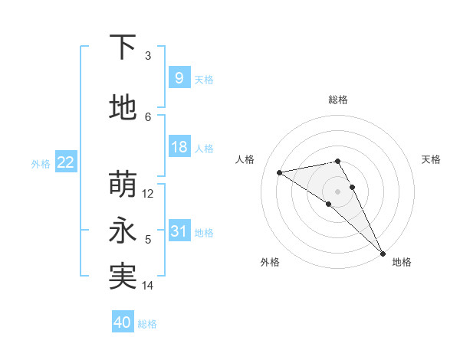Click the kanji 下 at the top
(123, 48)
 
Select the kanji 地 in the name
(123, 108)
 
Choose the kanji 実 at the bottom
(123, 277)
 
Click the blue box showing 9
(179, 78)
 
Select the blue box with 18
(179, 147)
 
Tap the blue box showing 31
(179, 231)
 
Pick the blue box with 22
(66, 162)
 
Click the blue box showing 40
(123, 322)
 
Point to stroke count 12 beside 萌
(149, 194)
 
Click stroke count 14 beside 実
(149, 286)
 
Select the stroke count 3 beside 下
(148, 56)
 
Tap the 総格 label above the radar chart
(337, 100)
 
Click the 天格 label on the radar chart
(432, 159)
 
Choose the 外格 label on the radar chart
(270, 262)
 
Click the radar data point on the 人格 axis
(280, 172)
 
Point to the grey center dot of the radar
(337, 191)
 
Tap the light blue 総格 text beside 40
(147, 324)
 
